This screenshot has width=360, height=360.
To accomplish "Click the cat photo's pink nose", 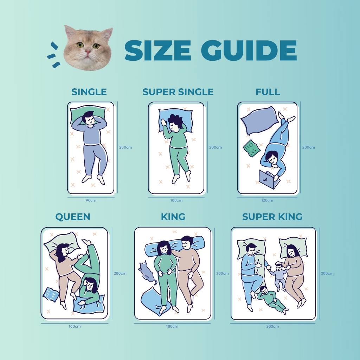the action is point(88,51).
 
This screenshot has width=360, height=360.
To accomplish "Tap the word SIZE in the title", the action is point(158,50).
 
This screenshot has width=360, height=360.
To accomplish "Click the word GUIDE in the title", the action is point(249,50).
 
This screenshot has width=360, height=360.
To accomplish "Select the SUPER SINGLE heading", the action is point(178,92).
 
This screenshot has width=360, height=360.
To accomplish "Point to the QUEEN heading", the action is point(73,217).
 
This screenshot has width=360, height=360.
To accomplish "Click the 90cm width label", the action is point(91,200).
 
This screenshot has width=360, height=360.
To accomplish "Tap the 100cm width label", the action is point(176,200).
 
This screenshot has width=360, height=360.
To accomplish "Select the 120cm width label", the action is point(267,200).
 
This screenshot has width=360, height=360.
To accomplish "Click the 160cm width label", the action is point(75,326).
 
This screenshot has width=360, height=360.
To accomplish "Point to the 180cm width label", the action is point(172,326).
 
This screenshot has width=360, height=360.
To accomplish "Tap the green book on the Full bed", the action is point(252,149).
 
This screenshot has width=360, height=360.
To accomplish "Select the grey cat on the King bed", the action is point(146,272).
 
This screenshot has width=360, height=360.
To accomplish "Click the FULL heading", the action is point(268,92).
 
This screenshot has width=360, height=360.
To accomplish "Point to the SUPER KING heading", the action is point(272,217).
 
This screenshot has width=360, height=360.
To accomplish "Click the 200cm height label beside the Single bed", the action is point(126,147).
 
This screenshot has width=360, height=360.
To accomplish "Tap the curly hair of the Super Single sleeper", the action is point(175,120).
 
